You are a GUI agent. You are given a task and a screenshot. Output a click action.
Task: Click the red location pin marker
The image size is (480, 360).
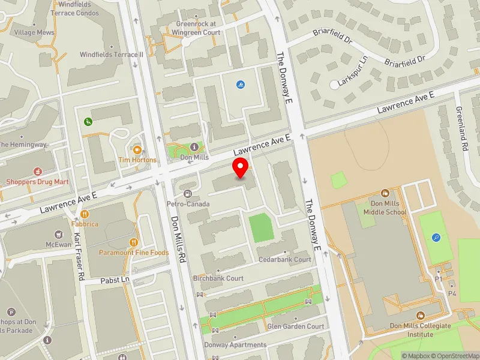tap(241, 167)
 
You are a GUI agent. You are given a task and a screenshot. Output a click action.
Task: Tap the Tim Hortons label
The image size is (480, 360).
tap(137, 160)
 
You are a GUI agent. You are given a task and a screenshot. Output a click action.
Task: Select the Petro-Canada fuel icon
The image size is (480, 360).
tap(188, 193)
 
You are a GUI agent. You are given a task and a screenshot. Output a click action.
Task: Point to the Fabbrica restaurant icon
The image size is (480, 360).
tap(85, 214)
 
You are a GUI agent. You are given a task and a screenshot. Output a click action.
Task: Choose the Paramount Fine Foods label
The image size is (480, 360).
tap(134, 253)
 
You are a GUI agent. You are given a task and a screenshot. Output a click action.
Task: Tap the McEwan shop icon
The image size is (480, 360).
tap(58, 234)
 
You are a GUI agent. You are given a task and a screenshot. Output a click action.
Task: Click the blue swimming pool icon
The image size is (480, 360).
tap(241, 85)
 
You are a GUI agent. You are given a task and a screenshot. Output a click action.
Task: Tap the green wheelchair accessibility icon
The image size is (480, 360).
tap(88, 122)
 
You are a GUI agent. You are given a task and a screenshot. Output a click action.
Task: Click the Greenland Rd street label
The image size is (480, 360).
tap(461, 129)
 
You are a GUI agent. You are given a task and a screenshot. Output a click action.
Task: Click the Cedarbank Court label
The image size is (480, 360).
tap(285, 260)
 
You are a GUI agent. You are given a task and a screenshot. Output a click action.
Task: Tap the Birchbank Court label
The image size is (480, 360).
tap(218, 278)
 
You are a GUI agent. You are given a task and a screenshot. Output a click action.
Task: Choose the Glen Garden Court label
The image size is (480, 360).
tap(296, 326)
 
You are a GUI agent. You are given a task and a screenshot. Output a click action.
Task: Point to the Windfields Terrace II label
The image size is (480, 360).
tap(112, 55)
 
